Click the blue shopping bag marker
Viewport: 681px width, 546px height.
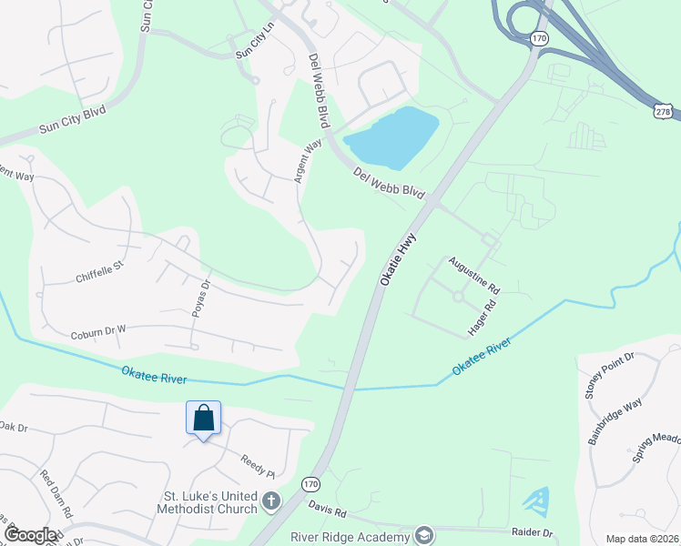click(204, 418)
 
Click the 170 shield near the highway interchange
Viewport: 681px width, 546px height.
click(539, 38)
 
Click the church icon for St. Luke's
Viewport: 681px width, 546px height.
click(270, 500)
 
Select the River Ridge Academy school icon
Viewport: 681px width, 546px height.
click(422, 535)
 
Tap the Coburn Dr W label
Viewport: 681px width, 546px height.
click(98, 335)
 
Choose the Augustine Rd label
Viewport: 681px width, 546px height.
click(473, 274)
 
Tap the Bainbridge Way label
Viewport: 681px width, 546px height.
click(615, 420)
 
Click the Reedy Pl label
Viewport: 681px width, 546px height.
click(258, 466)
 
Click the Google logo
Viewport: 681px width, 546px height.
click(30, 535)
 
